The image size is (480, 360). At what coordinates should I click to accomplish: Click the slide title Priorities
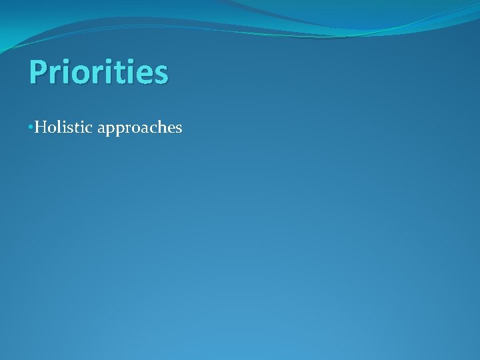coord(98,73)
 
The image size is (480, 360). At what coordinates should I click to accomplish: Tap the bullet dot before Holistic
coord(30,127)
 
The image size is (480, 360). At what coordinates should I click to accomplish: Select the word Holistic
coord(63,127)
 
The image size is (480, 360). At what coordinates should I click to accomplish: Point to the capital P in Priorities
coord(38,72)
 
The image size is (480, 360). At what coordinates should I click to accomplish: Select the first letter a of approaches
coord(101,129)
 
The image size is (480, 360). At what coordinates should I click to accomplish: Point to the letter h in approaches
coord(159,127)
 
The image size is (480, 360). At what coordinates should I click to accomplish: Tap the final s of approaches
coord(178,129)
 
